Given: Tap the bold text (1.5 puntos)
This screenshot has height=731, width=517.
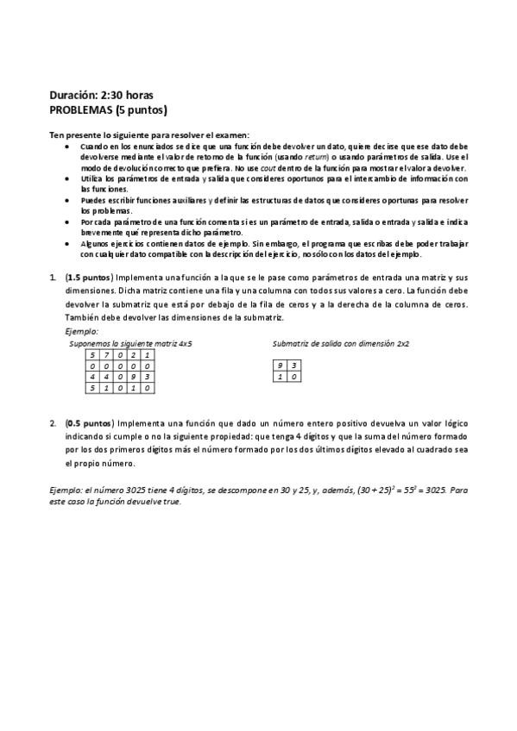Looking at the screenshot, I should click(89, 278).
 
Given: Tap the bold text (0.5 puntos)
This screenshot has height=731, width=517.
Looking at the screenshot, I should click(89, 423).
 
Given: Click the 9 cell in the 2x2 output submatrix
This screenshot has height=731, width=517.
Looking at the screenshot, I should click(280, 365).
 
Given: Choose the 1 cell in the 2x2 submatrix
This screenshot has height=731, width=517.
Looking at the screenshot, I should click(280, 377).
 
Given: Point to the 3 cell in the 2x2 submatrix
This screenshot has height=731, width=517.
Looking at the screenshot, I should click(294, 365).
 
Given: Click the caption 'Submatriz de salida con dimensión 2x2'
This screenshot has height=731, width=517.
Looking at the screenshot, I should click(340, 343).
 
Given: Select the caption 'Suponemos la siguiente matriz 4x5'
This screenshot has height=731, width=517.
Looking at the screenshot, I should click(130, 343).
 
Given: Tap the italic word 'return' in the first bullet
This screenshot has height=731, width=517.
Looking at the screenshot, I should click(316, 158).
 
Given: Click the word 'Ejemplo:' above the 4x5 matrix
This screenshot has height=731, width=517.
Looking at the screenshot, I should click(81, 331).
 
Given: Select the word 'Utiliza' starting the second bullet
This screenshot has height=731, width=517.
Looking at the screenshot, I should click(92, 178).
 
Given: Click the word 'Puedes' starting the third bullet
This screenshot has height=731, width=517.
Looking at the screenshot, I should click(93, 200).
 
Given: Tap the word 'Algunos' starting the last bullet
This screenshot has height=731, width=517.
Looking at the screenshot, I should click(95, 244).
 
